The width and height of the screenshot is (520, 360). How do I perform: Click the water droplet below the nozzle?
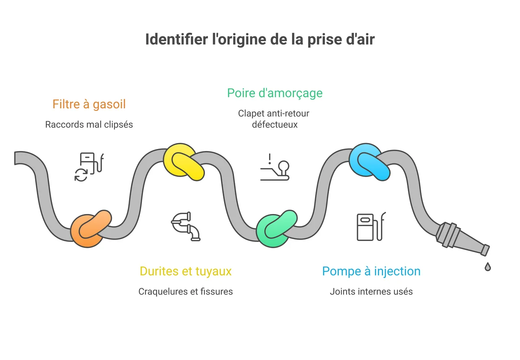point(488,266)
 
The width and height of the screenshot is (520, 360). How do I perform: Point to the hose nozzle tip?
point(485,250)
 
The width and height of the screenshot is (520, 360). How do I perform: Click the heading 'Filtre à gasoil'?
point(89,104)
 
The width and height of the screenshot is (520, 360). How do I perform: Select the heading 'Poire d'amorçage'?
point(275,93)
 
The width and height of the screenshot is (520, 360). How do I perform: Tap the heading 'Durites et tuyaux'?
point(185,271)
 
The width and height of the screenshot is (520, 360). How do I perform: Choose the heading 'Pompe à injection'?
point(371,271)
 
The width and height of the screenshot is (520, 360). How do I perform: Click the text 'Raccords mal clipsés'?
point(89,125)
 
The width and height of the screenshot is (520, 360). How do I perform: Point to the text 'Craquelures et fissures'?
point(185,292)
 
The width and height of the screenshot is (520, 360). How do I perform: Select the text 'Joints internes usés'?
point(371,292)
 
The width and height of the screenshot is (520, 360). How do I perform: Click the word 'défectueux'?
point(275,125)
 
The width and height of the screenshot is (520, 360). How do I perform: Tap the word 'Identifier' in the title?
point(176,39)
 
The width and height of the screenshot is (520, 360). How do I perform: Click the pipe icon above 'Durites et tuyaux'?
point(186,226)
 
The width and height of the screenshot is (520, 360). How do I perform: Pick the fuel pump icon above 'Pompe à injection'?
point(371,226)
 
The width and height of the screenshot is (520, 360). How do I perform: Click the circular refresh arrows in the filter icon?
point(81,175)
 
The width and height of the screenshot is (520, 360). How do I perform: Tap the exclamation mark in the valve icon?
point(270,159)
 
